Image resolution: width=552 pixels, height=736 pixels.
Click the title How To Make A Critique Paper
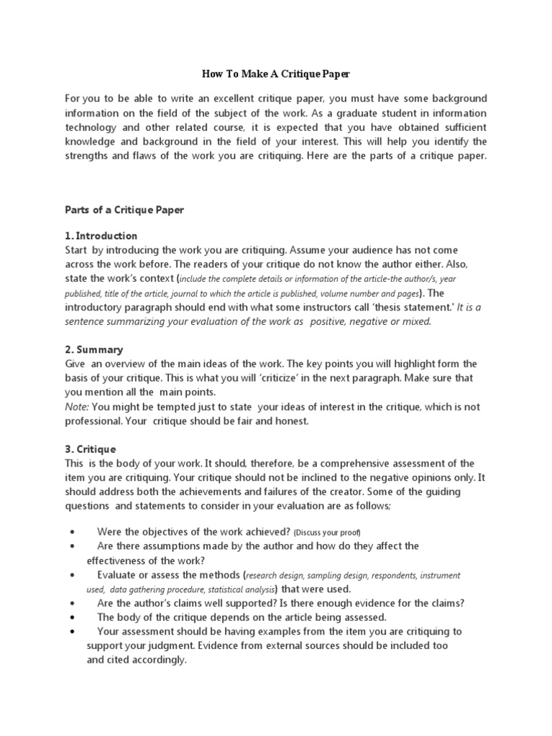coord(276,74)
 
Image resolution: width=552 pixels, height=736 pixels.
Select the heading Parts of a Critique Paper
coord(124,211)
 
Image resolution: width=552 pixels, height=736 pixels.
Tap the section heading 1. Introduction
coord(101,236)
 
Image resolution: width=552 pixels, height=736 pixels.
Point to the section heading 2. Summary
coord(94,349)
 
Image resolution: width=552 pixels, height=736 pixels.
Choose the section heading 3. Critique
coord(91,449)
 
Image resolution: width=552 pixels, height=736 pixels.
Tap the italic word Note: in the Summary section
coord(76,407)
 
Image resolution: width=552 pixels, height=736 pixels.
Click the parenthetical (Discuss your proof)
coord(327,532)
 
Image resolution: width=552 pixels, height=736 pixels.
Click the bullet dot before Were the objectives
coord(73,532)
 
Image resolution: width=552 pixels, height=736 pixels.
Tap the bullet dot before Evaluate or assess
coord(73,575)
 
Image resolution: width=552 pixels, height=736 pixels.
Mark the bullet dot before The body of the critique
coord(73,617)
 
